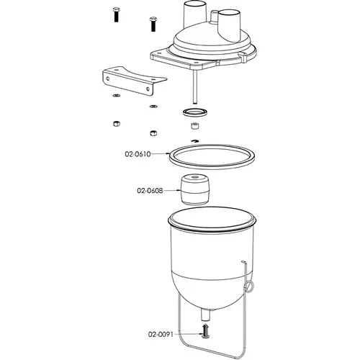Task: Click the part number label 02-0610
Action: click(138, 154)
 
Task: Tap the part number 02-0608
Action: click(150, 191)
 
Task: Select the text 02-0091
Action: click(161, 334)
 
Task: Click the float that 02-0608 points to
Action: click(195, 189)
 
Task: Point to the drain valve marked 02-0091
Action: click(205, 331)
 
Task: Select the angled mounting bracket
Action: click(135, 81)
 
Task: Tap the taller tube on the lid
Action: click(195, 14)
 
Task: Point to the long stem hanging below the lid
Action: click(194, 87)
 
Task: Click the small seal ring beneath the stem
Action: click(195, 112)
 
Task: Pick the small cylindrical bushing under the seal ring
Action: click(195, 126)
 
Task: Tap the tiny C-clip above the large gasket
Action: click(195, 141)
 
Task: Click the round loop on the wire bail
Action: click(249, 287)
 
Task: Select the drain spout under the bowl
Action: click(206, 315)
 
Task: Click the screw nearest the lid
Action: click(153, 24)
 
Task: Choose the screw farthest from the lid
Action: click(116, 15)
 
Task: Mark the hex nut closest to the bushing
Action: click(153, 132)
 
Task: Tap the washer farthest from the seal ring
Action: click(117, 96)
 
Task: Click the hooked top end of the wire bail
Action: click(243, 262)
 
